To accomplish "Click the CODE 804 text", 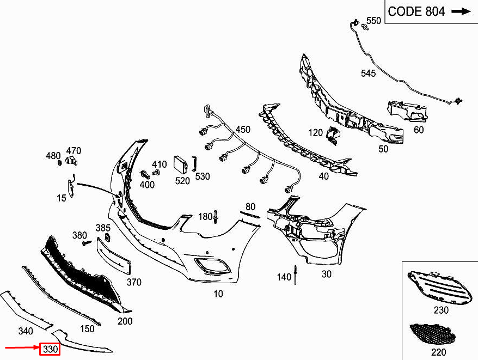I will tap(417, 11).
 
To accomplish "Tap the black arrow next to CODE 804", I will tap(461, 11).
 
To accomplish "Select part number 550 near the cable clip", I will tap(373, 21).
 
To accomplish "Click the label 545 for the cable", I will tap(368, 74).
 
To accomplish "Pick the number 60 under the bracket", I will tap(418, 130).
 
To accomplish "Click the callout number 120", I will tap(315, 132).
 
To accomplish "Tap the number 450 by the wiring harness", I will tap(243, 130).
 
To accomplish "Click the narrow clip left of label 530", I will tap(194, 163).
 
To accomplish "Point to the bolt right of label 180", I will tap(217, 216).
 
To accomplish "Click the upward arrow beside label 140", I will tap(296, 275).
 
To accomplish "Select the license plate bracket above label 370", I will tap(114, 257).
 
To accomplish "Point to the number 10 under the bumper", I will tap(218, 294).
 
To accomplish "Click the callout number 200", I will tap(125, 321).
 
